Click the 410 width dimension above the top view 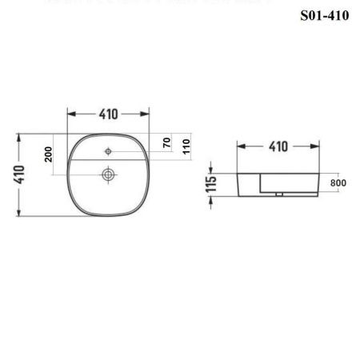pos(109,114)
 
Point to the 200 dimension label pos(48,154)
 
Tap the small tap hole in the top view pos(107,150)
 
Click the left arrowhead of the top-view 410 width pos(70,114)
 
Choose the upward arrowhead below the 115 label pos(211,198)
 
